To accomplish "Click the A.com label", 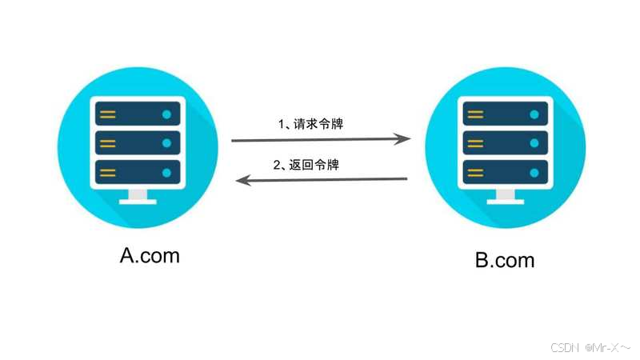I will (150, 255).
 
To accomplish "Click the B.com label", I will (505, 260).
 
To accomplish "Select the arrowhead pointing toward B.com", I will (405, 139).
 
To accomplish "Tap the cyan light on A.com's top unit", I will (166, 114).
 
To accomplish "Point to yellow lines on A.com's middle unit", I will (108, 143).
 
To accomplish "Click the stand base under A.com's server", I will (138, 200).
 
